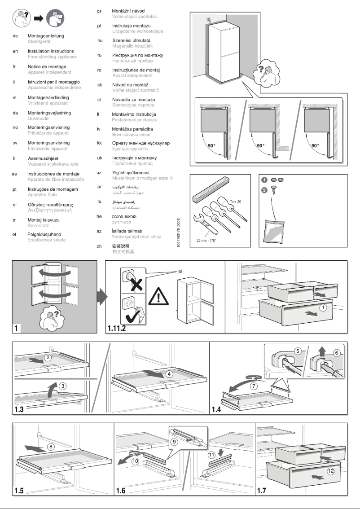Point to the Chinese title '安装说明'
(x=121, y=246)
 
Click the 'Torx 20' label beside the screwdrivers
(x=235, y=202)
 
